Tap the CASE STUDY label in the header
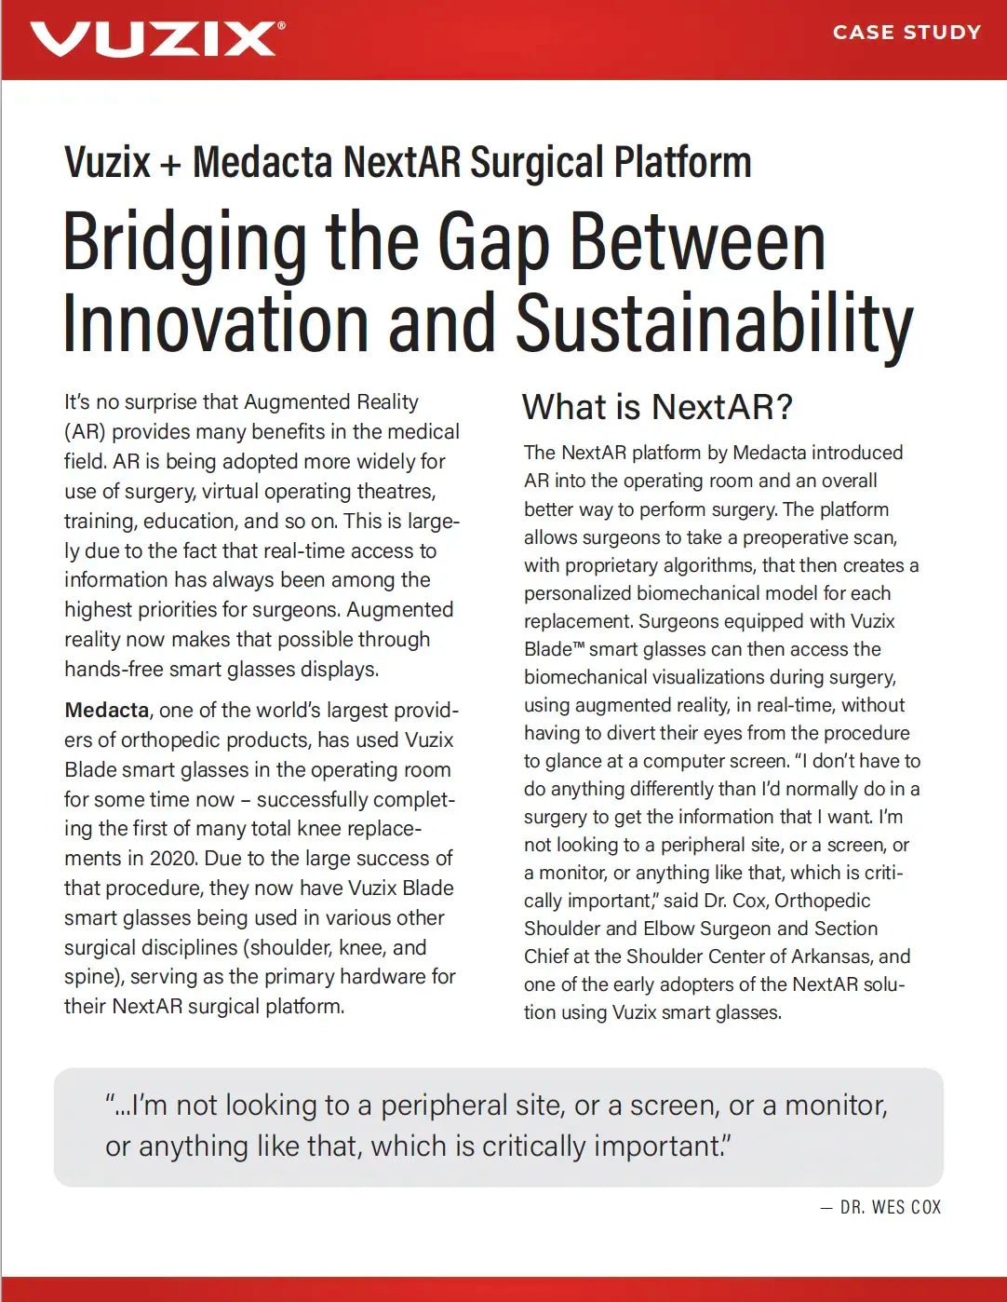click(x=906, y=33)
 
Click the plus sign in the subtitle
click(x=170, y=164)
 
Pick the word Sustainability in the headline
click(x=714, y=323)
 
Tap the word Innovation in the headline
click(x=216, y=323)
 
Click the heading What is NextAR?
click(x=657, y=407)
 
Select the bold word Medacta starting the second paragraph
click(x=106, y=711)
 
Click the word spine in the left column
click(x=90, y=977)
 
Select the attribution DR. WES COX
click(x=890, y=1207)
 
